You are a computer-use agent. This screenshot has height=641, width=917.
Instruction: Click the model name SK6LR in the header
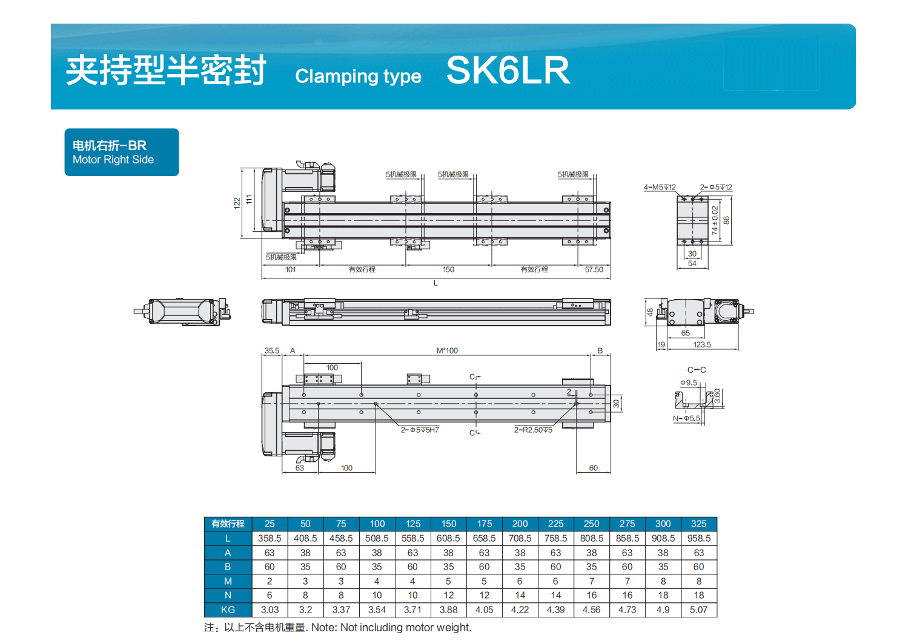point(508,70)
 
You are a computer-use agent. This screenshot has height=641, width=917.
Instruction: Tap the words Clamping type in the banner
point(358,76)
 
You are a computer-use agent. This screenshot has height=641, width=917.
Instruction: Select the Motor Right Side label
point(113,160)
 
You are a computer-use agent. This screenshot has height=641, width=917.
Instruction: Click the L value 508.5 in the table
point(377,538)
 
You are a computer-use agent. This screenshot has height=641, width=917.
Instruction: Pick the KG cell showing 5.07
point(698,610)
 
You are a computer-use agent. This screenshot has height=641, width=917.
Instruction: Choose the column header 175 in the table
point(484,524)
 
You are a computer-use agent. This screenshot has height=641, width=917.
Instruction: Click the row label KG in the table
point(228,610)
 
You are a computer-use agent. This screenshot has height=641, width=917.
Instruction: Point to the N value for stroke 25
point(270,595)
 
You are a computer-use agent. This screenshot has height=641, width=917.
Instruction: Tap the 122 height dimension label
point(237,203)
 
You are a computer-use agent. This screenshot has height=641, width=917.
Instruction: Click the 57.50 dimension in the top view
point(594,269)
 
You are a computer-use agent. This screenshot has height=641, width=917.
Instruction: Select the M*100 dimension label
point(447,350)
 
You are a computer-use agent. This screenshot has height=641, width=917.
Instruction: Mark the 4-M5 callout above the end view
point(659,187)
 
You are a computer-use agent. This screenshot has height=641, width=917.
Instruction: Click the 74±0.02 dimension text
point(715,220)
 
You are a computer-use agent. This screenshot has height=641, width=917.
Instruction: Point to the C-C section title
point(697,370)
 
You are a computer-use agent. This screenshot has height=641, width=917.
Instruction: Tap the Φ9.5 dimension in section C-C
point(688,383)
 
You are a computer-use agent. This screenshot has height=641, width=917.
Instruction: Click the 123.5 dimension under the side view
point(702,344)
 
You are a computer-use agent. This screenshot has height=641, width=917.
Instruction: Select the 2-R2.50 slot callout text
point(533,430)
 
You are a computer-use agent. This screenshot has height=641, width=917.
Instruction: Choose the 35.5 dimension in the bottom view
point(271,350)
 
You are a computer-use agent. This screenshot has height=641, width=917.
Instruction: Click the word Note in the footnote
point(324,628)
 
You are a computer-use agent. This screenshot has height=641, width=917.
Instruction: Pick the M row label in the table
point(228,581)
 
